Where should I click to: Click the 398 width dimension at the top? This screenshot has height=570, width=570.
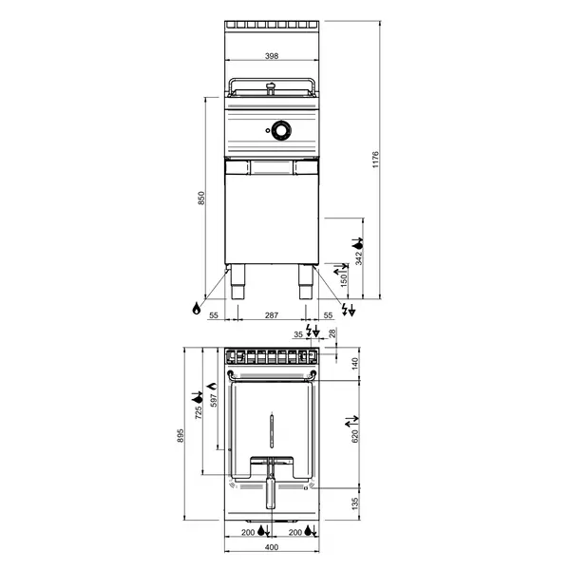[x=272, y=57]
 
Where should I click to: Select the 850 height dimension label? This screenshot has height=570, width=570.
[x=200, y=198]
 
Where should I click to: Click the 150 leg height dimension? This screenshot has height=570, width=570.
[x=344, y=279]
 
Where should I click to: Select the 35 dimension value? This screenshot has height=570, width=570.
[x=298, y=335]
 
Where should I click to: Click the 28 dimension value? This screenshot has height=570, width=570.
[x=332, y=332]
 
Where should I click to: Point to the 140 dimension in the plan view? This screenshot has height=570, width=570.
[x=354, y=362]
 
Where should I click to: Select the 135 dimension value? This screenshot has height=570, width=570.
[x=354, y=503]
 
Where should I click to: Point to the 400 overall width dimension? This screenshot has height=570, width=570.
[x=272, y=548]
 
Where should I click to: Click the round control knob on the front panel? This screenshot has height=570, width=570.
[x=280, y=131]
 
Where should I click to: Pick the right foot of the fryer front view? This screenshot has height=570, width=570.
[x=304, y=280]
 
